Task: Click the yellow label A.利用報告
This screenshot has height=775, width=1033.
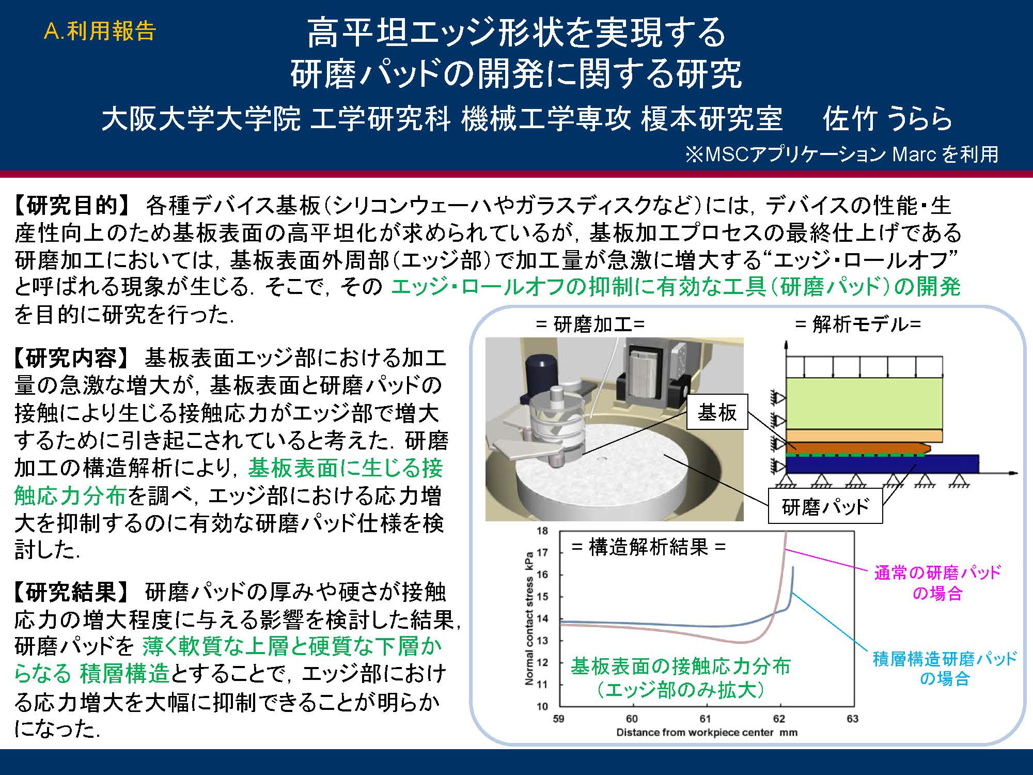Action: click(100, 32)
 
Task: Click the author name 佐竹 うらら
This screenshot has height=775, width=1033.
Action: click(887, 119)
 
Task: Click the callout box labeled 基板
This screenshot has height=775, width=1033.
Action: click(717, 412)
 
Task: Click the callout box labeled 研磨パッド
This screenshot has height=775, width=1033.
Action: click(825, 507)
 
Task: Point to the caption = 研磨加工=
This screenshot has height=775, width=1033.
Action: click(590, 324)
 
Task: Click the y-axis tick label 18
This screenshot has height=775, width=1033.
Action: click(542, 531)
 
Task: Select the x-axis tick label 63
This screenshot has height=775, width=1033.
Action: click(853, 719)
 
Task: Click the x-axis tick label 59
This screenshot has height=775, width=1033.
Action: click(558, 719)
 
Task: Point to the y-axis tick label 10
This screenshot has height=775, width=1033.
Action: click(542, 706)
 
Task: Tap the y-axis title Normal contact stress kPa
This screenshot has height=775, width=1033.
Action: click(529, 618)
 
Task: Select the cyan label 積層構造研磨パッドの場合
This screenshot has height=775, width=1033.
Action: click(945, 668)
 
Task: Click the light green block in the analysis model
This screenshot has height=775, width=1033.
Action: click(864, 403)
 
